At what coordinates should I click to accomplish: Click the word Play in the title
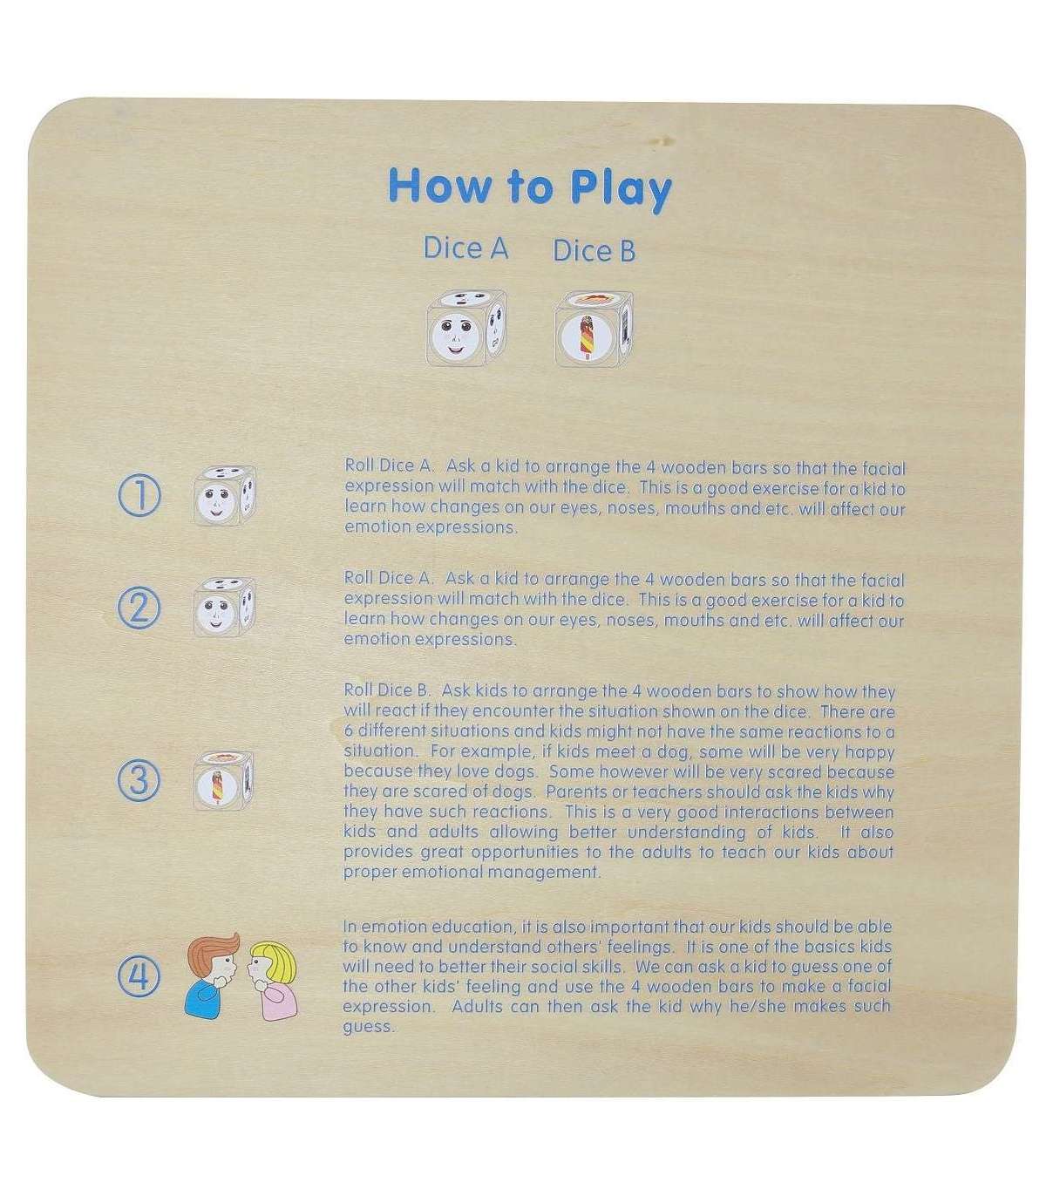[x=621, y=188]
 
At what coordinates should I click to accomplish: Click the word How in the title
[x=438, y=186]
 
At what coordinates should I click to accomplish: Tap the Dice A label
[x=465, y=248]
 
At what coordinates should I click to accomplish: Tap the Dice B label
[x=594, y=251]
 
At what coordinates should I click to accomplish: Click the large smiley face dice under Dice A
[x=465, y=328]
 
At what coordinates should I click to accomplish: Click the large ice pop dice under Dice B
[x=594, y=330]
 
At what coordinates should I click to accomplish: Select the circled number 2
[x=139, y=608]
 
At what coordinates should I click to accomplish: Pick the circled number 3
[x=139, y=780]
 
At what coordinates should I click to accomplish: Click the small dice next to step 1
[x=224, y=496]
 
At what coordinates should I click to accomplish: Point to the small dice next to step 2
[x=224, y=608]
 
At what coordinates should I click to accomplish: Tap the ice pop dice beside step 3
[x=223, y=781]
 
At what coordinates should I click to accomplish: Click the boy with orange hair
[x=212, y=975]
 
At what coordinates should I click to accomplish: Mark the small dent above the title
[x=664, y=141]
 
